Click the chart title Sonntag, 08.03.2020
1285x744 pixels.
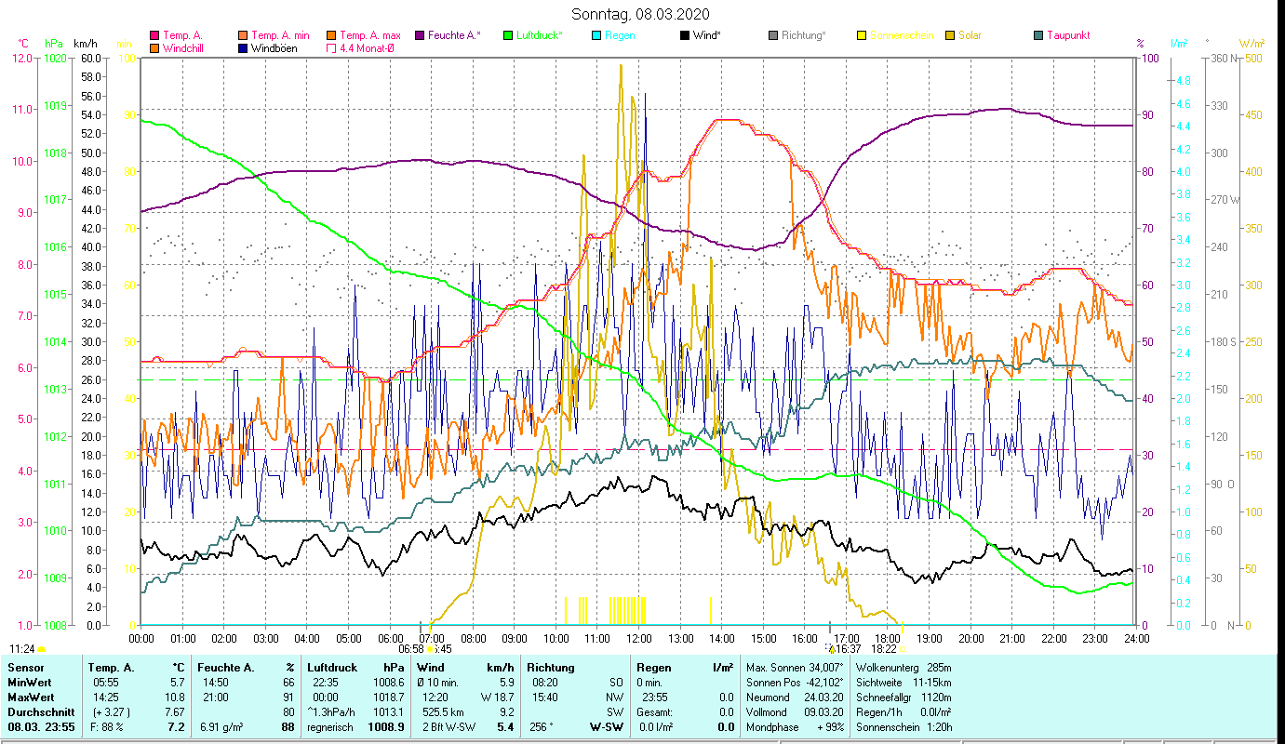(642, 14)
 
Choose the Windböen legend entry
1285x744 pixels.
(274, 48)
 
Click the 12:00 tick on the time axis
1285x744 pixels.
(638, 639)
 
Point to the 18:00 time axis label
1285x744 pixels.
(888, 639)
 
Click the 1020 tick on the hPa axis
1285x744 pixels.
(55, 58)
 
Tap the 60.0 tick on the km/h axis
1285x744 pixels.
(90, 58)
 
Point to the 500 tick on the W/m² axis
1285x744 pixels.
(1253, 58)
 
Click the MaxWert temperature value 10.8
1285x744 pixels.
(174, 697)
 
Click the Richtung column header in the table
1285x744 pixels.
(550, 667)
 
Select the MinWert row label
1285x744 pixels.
(31, 682)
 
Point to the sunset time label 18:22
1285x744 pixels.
(885, 649)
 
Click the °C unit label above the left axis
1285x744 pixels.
(23, 43)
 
